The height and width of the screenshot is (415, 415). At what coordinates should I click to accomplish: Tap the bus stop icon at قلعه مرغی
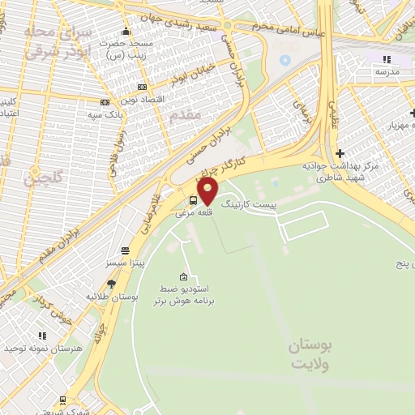coord(193,201)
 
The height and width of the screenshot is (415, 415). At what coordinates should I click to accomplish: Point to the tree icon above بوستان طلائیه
coord(110,284)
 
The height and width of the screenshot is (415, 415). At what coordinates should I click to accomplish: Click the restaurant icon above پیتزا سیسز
coord(125,250)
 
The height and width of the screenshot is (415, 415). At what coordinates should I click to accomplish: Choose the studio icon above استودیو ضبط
coord(183,276)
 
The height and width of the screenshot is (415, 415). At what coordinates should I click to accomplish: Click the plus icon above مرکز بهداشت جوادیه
coord(340,153)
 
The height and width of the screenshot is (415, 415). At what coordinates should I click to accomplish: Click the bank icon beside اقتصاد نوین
coord(143,87)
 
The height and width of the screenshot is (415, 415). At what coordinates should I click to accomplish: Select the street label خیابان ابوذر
coord(186,74)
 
